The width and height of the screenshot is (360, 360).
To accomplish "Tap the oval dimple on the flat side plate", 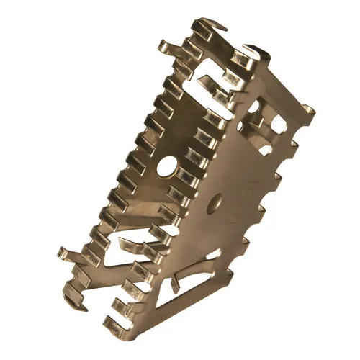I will [213, 207].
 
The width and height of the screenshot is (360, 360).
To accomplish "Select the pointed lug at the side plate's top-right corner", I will [307, 110].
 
